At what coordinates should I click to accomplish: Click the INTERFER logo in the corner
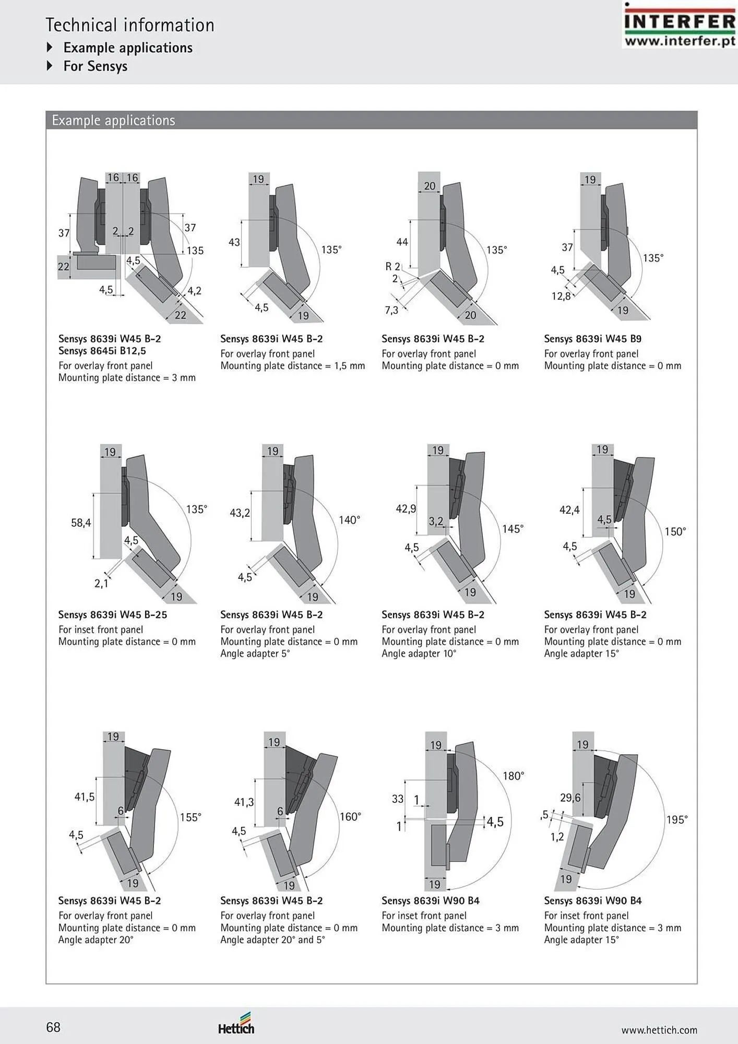(x=680, y=26)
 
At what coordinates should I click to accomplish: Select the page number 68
(x=53, y=1027)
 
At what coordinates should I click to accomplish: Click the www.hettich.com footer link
(x=659, y=1030)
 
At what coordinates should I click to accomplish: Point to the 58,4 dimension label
(x=81, y=523)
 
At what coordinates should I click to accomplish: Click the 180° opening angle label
(x=513, y=776)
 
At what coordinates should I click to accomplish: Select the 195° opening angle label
(x=677, y=820)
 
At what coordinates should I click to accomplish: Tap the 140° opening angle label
(x=349, y=520)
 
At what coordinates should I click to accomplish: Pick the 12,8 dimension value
(x=561, y=296)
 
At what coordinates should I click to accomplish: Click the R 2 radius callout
(x=392, y=266)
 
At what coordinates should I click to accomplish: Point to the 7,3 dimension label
(x=391, y=310)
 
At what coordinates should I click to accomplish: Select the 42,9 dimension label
(x=406, y=508)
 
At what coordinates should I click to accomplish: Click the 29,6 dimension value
(x=570, y=798)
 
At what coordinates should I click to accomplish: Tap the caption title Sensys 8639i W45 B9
(x=592, y=339)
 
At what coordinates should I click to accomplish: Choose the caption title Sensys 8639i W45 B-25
(x=113, y=615)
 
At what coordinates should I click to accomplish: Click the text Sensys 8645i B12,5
(x=102, y=351)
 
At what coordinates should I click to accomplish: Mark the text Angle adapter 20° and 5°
(x=272, y=940)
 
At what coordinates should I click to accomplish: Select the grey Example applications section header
(x=372, y=120)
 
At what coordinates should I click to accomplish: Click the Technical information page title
(x=130, y=25)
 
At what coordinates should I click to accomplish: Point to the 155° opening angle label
(x=191, y=817)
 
